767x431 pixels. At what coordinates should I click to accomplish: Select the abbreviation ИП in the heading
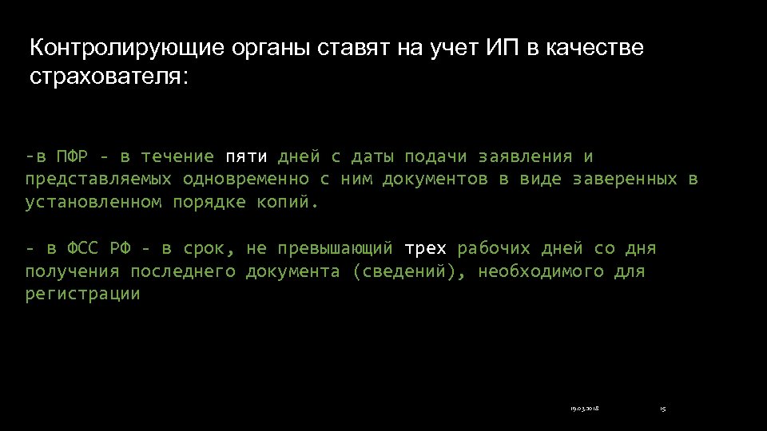click(503, 49)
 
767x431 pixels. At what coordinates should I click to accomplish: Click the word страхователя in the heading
click(108, 78)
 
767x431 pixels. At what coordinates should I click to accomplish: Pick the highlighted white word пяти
click(246, 156)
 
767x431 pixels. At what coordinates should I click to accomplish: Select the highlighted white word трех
click(426, 248)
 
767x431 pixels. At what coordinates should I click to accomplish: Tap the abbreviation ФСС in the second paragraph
click(82, 248)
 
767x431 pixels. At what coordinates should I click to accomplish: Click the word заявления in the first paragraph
click(526, 156)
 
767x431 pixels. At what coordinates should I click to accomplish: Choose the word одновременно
click(246, 180)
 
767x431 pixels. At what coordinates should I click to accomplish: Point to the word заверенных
click(626, 180)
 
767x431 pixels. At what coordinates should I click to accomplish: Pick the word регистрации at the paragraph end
click(82, 295)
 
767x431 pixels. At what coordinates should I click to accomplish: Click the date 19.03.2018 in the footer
click(585, 409)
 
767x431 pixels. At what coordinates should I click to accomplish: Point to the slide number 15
click(662, 409)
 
